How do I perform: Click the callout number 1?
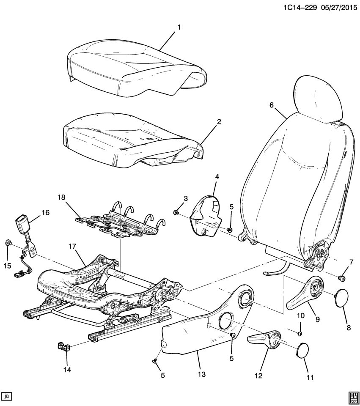pyautogui.click(x=179, y=27)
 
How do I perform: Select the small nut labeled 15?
pyautogui.click(x=8, y=243)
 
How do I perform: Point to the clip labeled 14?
pyautogui.click(x=63, y=346)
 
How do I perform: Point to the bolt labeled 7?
pyautogui.click(x=342, y=277)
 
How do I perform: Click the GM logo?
pyautogui.click(x=352, y=395)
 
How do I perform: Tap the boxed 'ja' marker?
pyautogui.click(x=7, y=396)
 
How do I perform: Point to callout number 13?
pyautogui.click(x=202, y=375)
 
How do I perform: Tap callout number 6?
pyautogui.click(x=272, y=105)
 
